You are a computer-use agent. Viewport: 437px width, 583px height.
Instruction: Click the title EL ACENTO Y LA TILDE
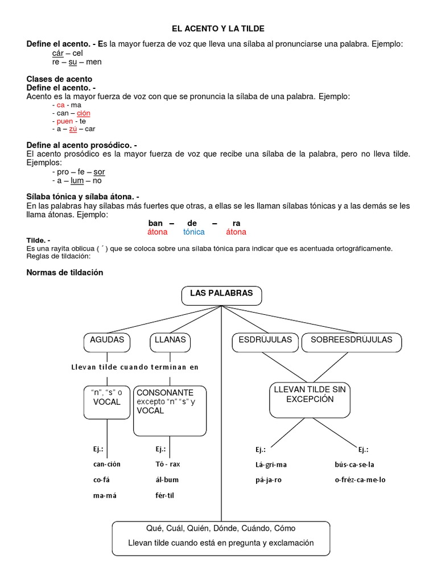pyautogui.click(x=219, y=28)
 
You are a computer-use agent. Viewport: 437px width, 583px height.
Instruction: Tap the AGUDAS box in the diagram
pyautogui.click(x=107, y=340)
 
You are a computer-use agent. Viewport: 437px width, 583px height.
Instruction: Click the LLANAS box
pyautogui.click(x=170, y=340)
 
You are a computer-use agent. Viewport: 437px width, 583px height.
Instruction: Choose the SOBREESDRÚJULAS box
pyautogui.click(x=351, y=340)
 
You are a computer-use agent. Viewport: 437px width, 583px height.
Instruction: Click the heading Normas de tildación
pyautogui.click(x=65, y=272)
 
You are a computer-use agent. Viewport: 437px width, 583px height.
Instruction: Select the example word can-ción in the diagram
pyautogui.click(x=107, y=464)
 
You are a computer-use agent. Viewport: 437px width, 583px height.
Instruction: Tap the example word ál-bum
pyautogui.click(x=167, y=480)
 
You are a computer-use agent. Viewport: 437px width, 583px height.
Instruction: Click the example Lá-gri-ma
pyautogui.click(x=271, y=464)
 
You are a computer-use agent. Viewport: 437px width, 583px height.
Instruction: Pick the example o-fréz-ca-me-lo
pyautogui.click(x=360, y=480)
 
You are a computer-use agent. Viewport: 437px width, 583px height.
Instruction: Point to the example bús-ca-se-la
pyautogui.click(x=354, y=464)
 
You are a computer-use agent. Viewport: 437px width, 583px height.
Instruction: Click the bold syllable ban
pyautogui.click(x=156, y=223)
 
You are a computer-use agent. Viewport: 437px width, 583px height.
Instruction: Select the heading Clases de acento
pyautogui.click(x=60, y=79)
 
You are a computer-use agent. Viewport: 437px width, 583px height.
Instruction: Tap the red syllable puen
pyautogui.click(x=65, y=121)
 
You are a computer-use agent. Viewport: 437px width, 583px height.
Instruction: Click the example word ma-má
pyautogui.click(x=106, y=496)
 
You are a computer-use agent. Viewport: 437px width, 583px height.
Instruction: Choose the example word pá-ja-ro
pyautogui.click(x=269, y=480)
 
